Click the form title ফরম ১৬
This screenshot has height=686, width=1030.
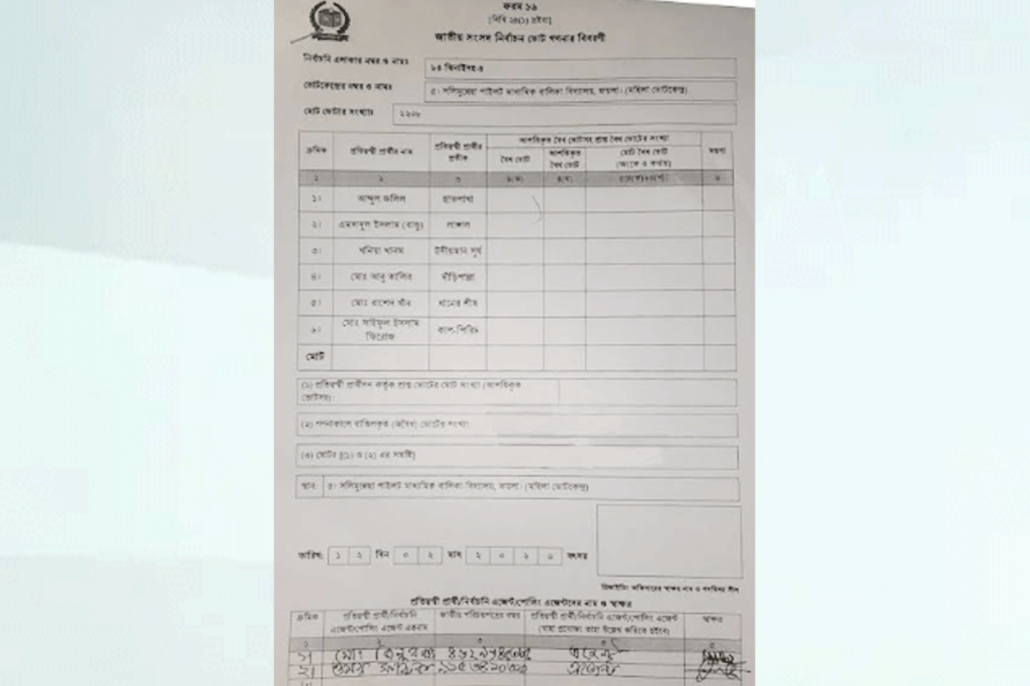click(514, 7)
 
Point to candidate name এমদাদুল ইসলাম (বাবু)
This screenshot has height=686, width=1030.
click(379, 225)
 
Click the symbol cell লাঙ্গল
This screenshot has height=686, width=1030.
click(457, 225)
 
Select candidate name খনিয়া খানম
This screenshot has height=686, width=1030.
click(380, 250)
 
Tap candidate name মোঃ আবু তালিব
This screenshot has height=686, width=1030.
click(380, 276)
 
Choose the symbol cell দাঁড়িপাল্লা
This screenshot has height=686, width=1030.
click(457, 276)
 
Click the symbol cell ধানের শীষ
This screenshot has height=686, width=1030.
click(457, 303)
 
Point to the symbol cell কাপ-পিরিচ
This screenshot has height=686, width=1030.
click(457, 329)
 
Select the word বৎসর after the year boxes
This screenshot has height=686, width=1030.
click(577, 557)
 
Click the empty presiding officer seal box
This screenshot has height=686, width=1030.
click(669, 541)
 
